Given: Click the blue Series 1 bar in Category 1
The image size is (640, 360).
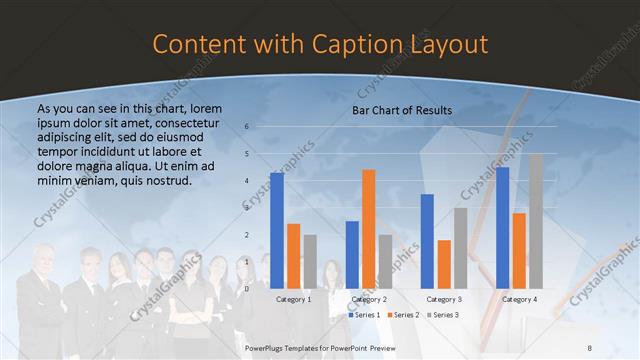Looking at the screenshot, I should pos(276,230).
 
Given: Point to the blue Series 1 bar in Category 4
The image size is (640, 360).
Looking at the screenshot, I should pos(502,227).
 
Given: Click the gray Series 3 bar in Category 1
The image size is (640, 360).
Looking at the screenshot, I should pos(310,261).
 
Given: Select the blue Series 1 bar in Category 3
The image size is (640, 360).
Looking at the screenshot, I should pos(427,241).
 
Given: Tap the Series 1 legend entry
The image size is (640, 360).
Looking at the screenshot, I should pos(364,315).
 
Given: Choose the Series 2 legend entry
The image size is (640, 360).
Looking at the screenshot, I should pos(403,315).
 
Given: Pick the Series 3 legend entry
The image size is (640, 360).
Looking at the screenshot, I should pos(442,315).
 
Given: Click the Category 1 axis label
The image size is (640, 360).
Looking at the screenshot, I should pos(293,299).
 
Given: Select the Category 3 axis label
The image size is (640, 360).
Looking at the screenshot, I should pos(444,299).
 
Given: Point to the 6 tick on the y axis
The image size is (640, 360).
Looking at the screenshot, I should pos(247,127).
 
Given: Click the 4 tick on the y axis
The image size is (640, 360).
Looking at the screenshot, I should pos(247,181).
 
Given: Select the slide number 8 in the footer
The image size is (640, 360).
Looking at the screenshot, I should pos(589,345).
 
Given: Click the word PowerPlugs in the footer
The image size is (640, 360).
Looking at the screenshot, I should pos(268,345).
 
